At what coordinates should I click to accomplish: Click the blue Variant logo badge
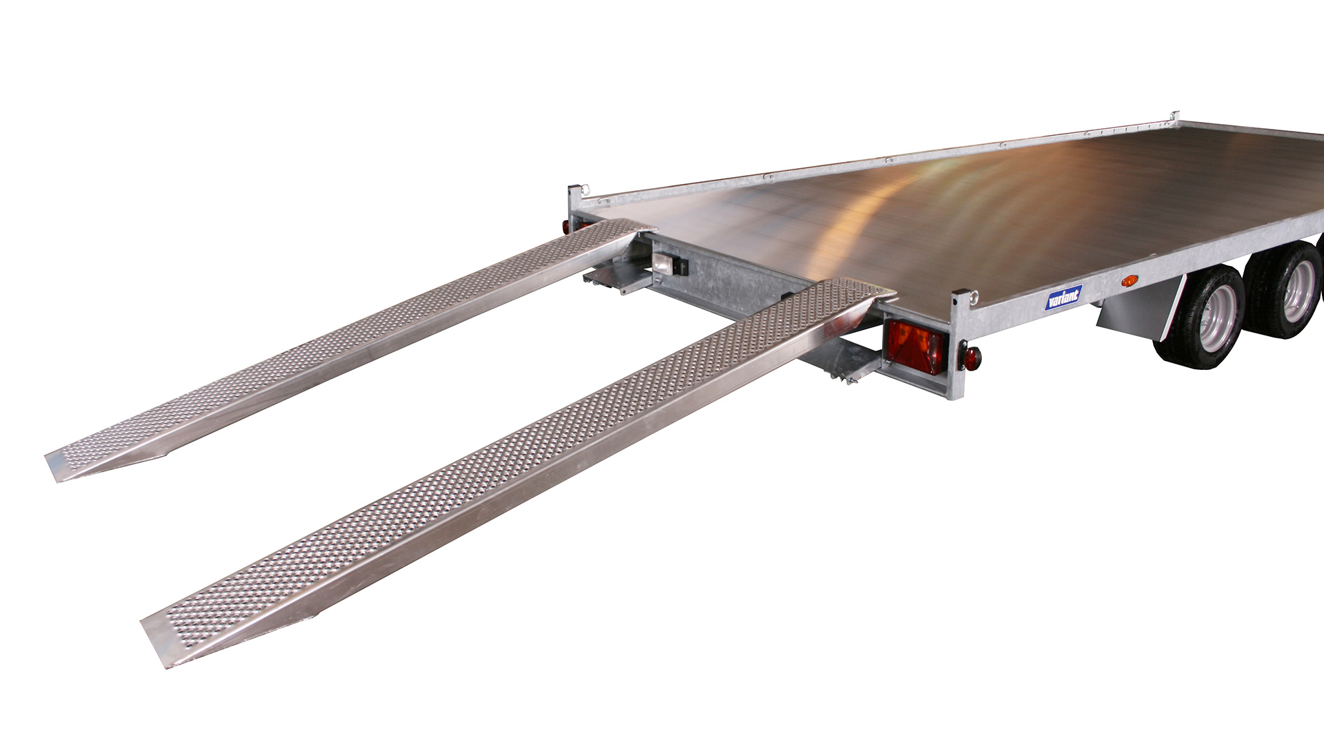[x=1063, y=298]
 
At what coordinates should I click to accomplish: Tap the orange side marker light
[x=1129, y=280]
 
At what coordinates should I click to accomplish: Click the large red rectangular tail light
[x=914, y=347]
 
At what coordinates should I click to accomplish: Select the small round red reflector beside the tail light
[x=972, y=358]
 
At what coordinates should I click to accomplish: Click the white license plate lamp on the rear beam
[x=664, y=262]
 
